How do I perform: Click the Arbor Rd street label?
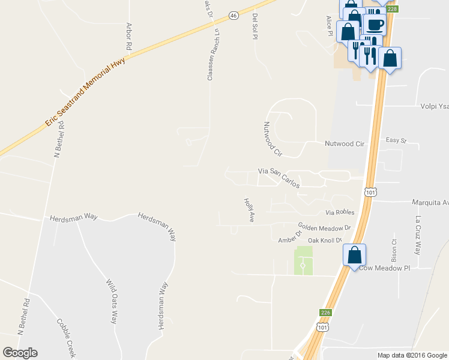[x=128, y=37]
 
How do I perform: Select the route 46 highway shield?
[x=234, y=15]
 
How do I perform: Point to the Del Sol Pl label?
[x=255, y=25]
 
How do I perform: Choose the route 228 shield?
[x=392, y=9]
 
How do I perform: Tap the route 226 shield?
[x=325, y=313]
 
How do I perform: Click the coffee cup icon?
[x=375, y=25]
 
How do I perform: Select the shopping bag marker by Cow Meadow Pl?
[x=355, y=254]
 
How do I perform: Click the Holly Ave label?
[x=248, y=211]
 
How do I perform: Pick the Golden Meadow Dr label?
[x=324, y=228]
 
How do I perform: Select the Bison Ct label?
[x=394, y=249]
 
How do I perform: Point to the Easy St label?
[x=396, y=141]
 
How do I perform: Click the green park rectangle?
[x=304, y=261]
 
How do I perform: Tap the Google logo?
[x=20, y=353]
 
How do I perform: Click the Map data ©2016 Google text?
[x=412, y=355]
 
